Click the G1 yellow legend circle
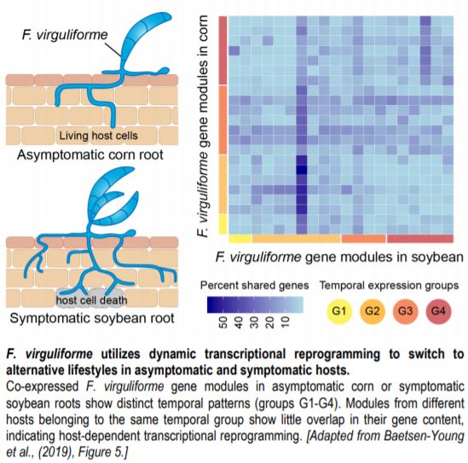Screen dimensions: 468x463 point(338,311)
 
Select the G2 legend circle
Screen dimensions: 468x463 point(372,311)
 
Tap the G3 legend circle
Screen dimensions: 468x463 point(405,311)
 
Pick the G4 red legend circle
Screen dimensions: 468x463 point(438,311)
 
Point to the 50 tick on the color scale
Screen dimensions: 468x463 point(223,322)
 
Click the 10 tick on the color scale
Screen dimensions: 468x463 point(286,322)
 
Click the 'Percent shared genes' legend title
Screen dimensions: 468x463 point(254,286)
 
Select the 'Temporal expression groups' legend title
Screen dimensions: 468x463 point(389,286)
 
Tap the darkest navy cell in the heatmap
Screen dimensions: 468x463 point(302,170)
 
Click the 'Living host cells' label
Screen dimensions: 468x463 point(98,136)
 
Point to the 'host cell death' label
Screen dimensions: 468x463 point(91,299)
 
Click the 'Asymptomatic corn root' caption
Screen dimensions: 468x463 point(90,154)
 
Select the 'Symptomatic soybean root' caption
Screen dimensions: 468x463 point(91,318)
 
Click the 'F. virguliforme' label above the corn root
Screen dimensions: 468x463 point(65,35)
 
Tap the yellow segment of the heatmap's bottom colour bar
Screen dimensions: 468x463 point(240,239)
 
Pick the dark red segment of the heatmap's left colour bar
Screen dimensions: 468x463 point(223,50)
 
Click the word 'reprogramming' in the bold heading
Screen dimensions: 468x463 point(337,355)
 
